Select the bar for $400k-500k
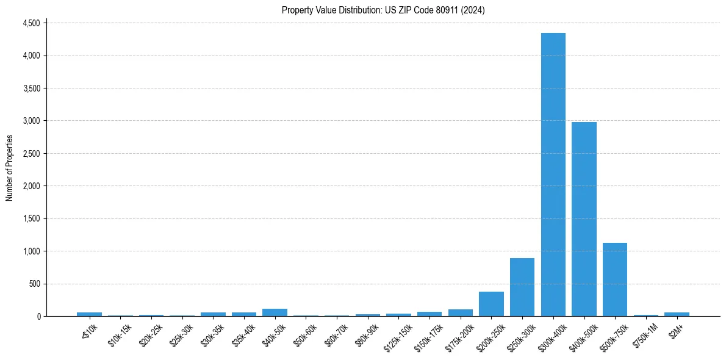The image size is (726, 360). point(584,219)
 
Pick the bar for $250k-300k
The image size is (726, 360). point(522,287)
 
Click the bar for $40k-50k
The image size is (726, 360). point(275,312)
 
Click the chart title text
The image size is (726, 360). point(383,10)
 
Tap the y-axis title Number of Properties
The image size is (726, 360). point(10,168)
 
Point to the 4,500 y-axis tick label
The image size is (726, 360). point(31,23)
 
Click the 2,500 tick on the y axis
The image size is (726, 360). point(31,154)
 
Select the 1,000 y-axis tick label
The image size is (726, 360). point(31,251)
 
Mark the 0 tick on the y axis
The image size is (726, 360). point(38,316)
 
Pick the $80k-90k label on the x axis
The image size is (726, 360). point(366,334)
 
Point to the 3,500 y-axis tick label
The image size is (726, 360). point(31,88)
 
